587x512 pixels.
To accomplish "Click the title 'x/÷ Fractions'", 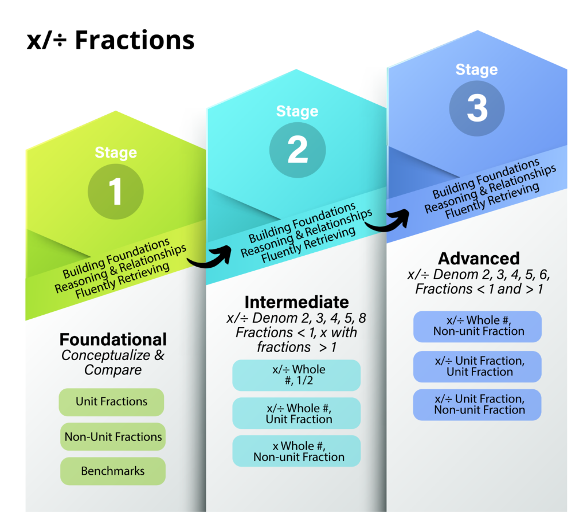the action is [x=111, y=40].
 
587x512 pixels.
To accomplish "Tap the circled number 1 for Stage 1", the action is [x=116, y=191].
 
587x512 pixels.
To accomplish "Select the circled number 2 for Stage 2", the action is [x=298, y=150].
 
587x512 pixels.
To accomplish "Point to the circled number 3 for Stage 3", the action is [x=477, y=108].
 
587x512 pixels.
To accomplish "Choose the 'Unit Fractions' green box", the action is [x=111, y=402].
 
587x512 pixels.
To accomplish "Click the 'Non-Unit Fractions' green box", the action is [x=113, y=437].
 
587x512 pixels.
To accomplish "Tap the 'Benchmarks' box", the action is [x=113, y=471].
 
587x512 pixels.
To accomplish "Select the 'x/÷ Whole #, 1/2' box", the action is [x=296, y=376].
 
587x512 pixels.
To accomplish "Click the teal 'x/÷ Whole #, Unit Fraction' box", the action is [x=296, y=413].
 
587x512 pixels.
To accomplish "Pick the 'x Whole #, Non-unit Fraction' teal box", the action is [x=296, y=451].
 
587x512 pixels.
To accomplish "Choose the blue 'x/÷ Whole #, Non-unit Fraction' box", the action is [x=478, y=326].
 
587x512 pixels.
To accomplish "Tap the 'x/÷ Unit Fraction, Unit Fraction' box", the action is [x=478, y=366].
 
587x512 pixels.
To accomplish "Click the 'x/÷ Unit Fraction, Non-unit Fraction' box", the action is [x=478, y=405].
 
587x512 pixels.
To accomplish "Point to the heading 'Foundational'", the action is [x=113, y=339].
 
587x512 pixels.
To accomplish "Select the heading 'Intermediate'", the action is [x=296, y=302].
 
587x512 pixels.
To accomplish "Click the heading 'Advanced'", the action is [x=479, y=259].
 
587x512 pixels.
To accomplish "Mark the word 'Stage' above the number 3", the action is [x=476, y=70].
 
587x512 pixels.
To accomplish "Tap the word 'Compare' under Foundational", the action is [x=113, y=370].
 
